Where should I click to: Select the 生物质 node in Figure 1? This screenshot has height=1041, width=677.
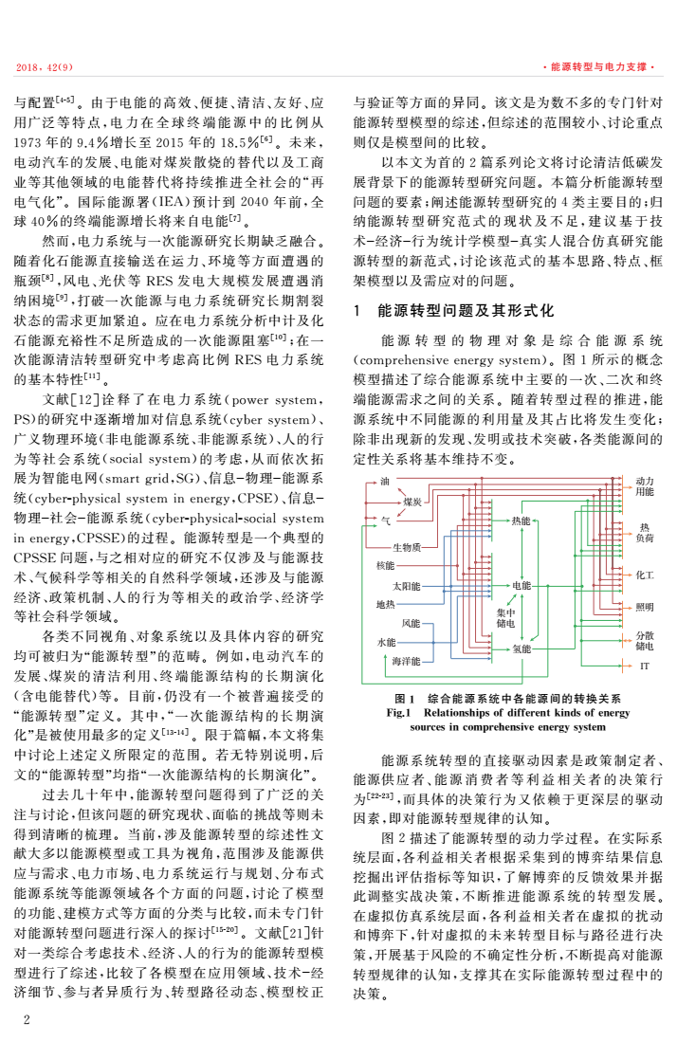pos(407,547)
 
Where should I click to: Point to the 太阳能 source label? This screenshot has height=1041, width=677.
pos(406,586)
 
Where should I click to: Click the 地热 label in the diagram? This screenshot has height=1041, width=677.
pos(385,604)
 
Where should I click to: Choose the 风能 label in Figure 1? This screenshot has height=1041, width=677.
pos(410,623)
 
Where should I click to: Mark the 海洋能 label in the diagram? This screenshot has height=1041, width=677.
pos(406,660)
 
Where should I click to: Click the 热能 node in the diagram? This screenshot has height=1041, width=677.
pos(521,521)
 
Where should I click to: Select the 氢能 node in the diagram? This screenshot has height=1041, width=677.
pos(521,649)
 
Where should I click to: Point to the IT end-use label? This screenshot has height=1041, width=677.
pos(644,667)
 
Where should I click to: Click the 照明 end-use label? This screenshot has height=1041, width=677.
pos(644,607)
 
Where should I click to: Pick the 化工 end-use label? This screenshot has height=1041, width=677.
pos(644,575)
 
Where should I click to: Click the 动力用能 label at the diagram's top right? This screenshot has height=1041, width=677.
pos(644,487)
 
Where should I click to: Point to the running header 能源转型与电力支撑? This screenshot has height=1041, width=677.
pos(596,67)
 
